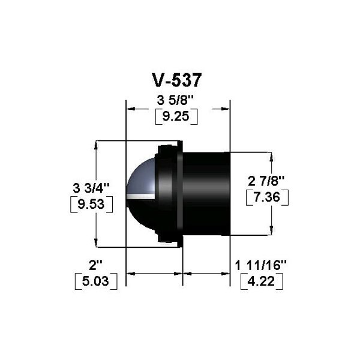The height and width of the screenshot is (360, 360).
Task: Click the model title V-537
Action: coord(177,80)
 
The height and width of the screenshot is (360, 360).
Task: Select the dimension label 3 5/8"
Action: coord(176,101)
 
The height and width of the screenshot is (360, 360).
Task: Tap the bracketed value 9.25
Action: coord(176,116)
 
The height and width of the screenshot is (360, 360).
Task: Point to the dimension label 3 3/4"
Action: coord(91,188)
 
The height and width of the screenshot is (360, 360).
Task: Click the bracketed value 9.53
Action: coord(91,204)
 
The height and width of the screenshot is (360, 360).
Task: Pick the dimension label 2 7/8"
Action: coord(266,181)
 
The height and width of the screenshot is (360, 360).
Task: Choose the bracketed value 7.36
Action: coord(267,197)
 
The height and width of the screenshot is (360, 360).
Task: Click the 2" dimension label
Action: coord(95,265)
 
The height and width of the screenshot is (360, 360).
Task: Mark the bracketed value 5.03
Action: coord(96,281)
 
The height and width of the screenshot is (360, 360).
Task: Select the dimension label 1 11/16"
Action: coord(261,266)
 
